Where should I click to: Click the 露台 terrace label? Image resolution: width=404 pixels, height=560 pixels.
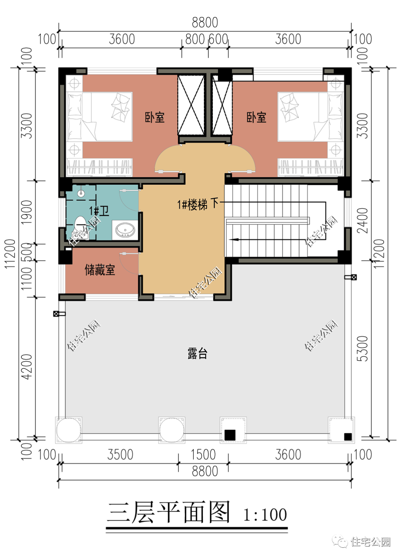197,354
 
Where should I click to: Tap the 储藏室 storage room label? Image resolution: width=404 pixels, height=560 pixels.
100,270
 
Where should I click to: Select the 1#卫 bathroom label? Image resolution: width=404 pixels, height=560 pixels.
99,211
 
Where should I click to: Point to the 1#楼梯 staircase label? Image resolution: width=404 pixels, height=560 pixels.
192,205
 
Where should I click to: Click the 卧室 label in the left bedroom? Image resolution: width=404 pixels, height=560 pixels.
154,117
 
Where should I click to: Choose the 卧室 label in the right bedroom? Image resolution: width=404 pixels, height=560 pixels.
256,117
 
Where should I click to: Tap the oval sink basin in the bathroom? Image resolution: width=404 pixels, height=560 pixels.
125,229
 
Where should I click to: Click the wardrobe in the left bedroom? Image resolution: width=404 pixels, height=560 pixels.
100,167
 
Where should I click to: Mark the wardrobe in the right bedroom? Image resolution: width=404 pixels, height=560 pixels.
310,167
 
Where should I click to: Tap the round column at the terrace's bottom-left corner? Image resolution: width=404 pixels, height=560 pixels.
68,430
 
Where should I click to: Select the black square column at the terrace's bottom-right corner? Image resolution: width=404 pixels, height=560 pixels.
348,436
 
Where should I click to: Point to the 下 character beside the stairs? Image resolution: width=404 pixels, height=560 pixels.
214,203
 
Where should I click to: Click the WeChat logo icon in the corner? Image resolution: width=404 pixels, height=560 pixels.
340,541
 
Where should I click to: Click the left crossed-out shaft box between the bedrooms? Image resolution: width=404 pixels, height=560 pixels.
191,105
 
